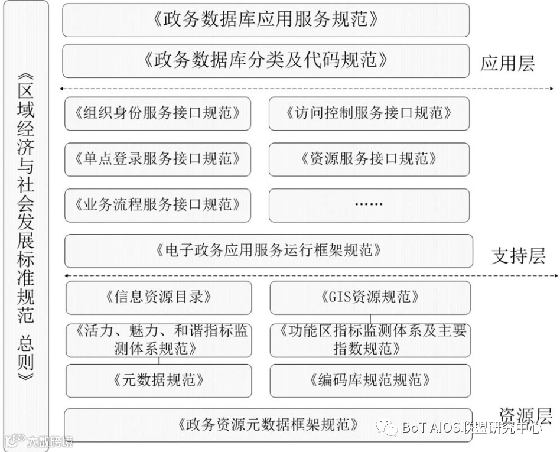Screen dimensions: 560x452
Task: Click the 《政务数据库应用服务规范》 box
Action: pyautogui.click(x=265, y=19)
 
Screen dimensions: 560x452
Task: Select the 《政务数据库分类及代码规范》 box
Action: pyautogui.click(x=265, y=60)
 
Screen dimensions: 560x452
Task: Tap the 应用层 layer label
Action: pyautogui.click(x=507, y=63)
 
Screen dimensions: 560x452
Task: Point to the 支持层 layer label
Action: pyautogui.click(x=518, y=256)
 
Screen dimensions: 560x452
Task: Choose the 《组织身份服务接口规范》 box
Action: pyautogui.click(x=157, y=113)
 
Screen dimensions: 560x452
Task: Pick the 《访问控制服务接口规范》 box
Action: pyautogui.click(x=369, y=113)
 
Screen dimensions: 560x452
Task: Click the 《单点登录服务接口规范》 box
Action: pyautogui.click(x=157, y=159)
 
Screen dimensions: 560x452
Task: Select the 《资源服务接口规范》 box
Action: pyautogui.click(x=369, y=159)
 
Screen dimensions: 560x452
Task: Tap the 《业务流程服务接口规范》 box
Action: pyautogui.click(x=157, y=205)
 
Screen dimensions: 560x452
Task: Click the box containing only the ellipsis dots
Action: pyautogui.click(x=369, y=205)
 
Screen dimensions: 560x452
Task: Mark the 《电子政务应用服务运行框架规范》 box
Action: pyautogui.click(x=268, y=251)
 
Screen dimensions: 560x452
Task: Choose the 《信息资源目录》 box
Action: pyautogui.click(x=158, y=297)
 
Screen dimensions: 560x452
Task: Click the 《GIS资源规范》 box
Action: pyautogui.click(x=370, y=297)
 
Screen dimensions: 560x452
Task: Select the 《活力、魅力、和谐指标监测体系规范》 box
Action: pyautogui.click(x=158, y=340)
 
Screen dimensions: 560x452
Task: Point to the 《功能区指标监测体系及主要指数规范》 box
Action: pyautogui.click(x=370, y=340)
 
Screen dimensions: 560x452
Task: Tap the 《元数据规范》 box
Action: pyautogui.click(x=158, y=380)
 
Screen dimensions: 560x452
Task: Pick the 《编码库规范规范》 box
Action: pyautogui.click(x=370, y=380)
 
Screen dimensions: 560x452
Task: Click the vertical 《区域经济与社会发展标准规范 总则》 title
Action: pyautogui.click(x=26, y=225)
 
